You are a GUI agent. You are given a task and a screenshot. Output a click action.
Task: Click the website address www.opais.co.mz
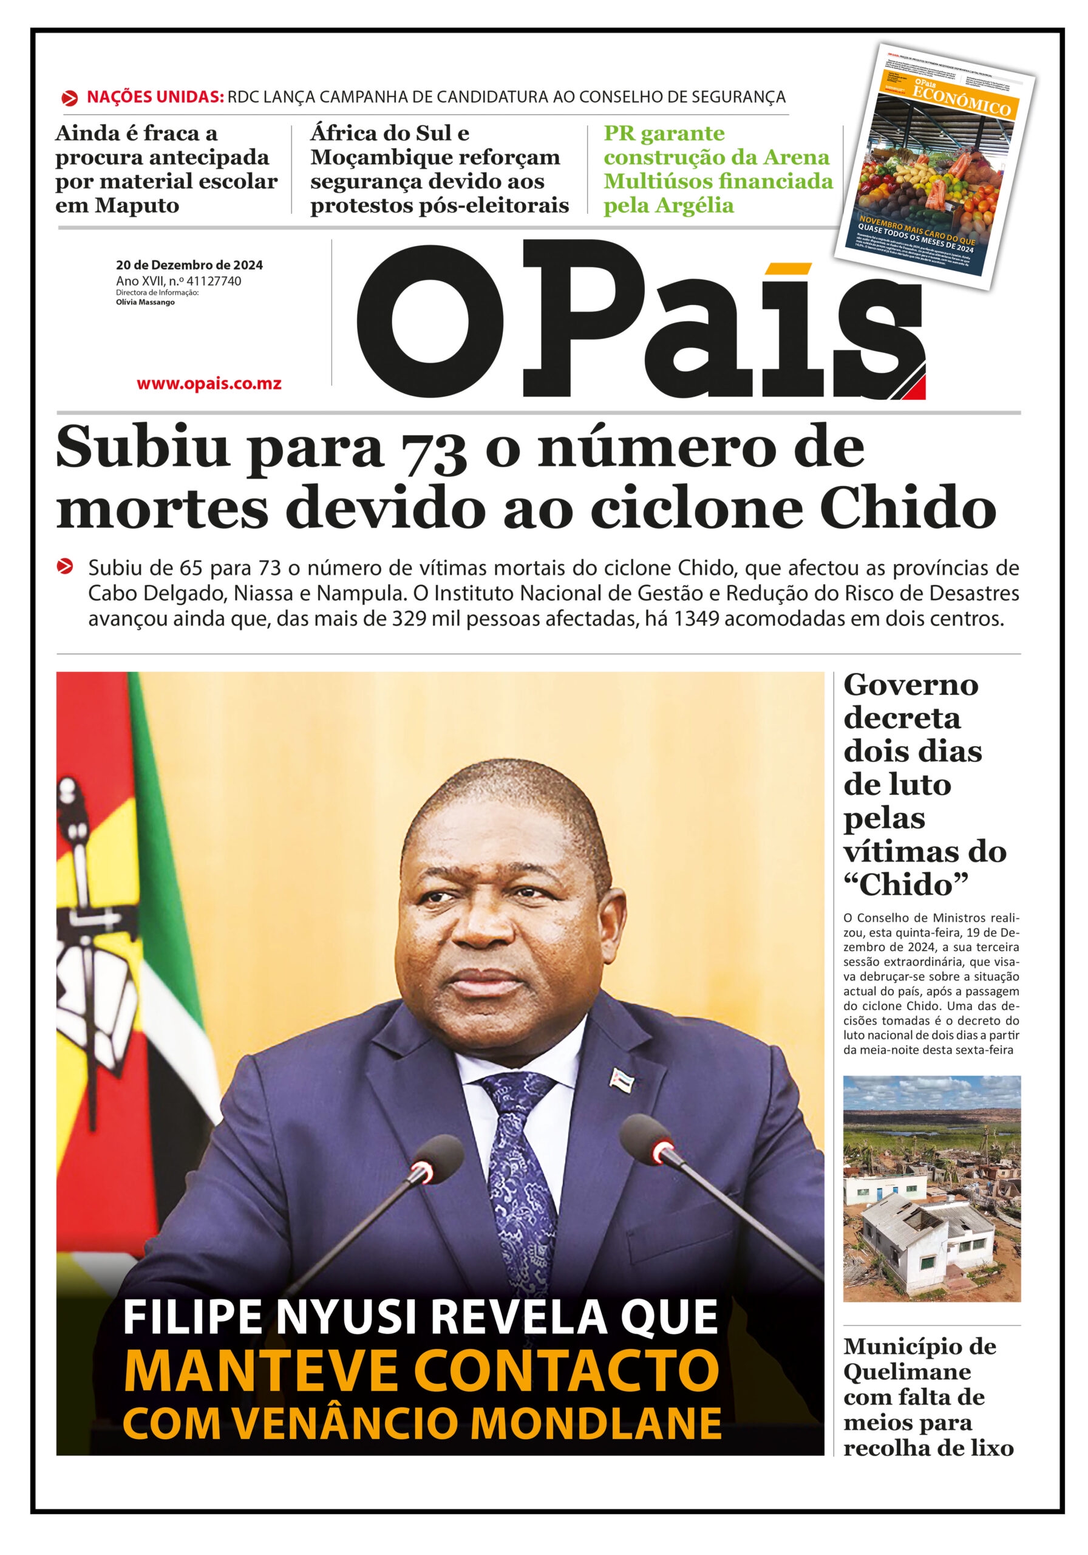(x=208, y=384)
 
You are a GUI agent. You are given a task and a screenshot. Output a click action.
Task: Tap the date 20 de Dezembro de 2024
(x=189, y=265)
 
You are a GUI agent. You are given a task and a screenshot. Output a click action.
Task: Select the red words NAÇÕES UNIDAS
(x=155, y=97)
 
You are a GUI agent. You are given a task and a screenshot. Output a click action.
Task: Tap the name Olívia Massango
(x=146, y=302)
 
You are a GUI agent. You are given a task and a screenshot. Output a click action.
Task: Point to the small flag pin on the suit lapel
(x=621, y=1076)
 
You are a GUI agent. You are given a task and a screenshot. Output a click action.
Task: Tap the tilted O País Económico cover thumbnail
(x=934, y=166)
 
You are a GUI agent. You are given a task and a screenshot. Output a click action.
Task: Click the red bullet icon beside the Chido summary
(x=65, y=566)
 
